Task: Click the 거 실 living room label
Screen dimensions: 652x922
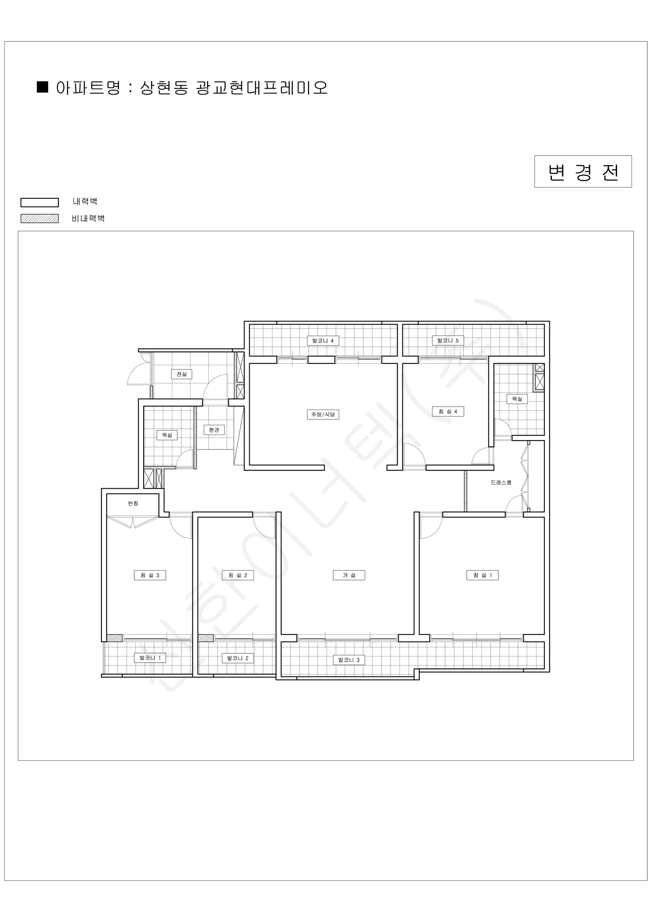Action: tap(349, 575)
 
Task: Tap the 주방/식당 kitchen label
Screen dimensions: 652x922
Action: tap(323, 415)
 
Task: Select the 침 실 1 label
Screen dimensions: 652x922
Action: tap(482, 575)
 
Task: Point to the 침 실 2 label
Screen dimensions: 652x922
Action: tap(238, 575)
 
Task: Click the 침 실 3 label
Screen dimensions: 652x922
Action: tap(150, 575)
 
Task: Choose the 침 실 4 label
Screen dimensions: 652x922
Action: tap(448, 411)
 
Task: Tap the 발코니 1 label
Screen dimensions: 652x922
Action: tap(150, 658)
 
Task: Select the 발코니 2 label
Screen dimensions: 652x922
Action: tap(238, 658)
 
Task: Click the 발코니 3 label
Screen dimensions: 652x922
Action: tap(349, 660)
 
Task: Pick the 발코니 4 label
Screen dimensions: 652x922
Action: tap(323, 340)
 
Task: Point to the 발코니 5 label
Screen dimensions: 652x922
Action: tap(448, 340)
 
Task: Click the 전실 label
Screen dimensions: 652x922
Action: tap(182, 374)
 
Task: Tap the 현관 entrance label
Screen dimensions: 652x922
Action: tap(214, 429)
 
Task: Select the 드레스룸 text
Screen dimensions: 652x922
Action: tap(501, 482)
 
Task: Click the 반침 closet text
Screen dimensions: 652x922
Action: tap(133, 503)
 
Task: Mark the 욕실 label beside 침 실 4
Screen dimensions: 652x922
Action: tap(517, 399)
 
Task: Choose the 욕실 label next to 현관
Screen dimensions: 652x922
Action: tap(167, 435)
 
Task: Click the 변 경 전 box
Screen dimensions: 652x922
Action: tap(583, 171)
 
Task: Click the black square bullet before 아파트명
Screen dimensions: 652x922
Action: tap(43, 87)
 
